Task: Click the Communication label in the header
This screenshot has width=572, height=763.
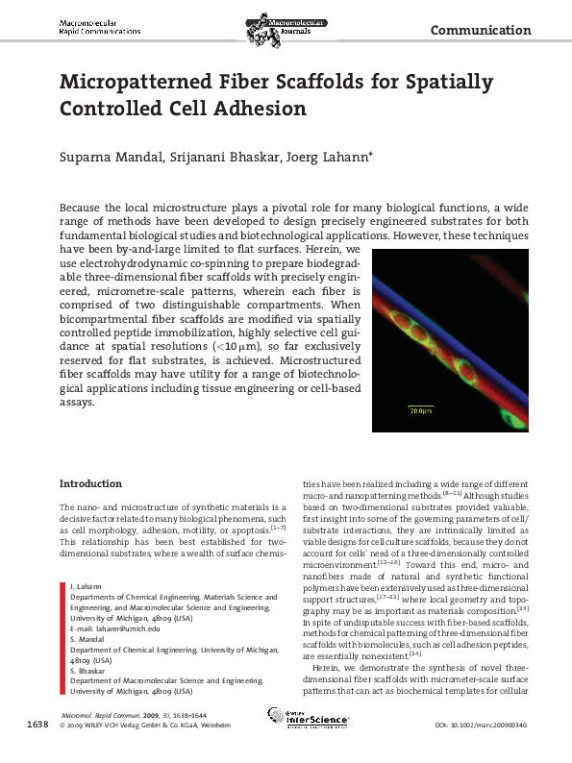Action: [x=481, y=30]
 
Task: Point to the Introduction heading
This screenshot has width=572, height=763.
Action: [x=91, y=482]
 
